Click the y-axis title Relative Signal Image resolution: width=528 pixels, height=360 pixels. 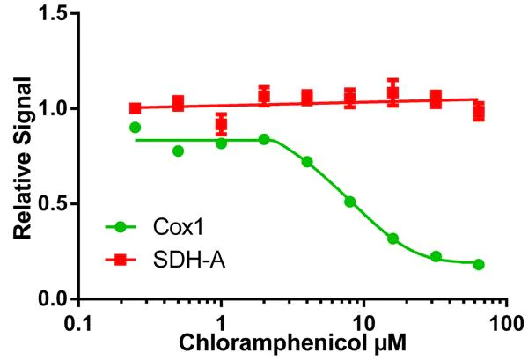tap(24, 158)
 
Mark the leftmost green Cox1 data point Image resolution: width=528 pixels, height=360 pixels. tap(135, 128)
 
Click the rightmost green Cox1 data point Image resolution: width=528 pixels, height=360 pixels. tap(479, 264)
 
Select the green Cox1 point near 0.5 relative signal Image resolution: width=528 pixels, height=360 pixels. tap(349, 202)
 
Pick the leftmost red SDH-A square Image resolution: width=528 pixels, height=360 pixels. tap(135, 108)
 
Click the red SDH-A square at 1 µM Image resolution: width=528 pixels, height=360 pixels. tap(221, 124)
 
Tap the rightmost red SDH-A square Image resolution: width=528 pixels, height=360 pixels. tap(479, 111)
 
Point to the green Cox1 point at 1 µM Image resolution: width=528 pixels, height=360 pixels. tap(221, 143)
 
